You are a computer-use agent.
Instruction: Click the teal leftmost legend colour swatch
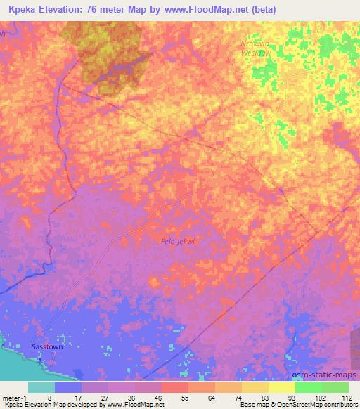(41, 387)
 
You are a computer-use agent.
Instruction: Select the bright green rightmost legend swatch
(335, 387)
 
